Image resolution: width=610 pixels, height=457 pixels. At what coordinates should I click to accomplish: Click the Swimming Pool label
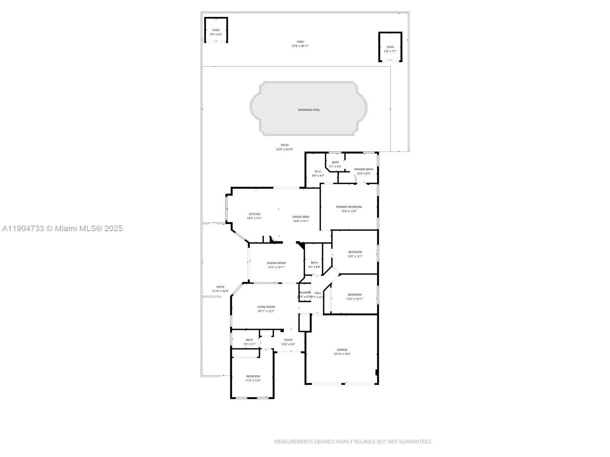(x=309, y=110)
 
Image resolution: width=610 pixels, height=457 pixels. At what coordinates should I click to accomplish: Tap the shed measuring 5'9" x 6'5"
(x=216, y=32)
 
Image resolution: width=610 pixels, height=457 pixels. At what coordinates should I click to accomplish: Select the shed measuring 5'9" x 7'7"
(x=390, y=49)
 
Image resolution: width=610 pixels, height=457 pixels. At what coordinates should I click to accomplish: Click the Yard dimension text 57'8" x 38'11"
(x=300, y=46)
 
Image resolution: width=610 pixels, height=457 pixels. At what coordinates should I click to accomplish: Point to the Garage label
(x=342, y=350)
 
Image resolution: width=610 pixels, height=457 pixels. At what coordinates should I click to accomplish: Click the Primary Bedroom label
(x=349, y=207)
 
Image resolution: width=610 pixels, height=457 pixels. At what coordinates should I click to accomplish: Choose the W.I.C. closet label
(x=318, y=171)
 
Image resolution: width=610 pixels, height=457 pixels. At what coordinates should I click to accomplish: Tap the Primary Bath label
(x=363, y=169)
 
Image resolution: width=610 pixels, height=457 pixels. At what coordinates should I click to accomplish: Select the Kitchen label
(x=255, y=214)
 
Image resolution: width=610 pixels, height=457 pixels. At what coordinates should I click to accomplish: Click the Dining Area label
(x=301, y=217)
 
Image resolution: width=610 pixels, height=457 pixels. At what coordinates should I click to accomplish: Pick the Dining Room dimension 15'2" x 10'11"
(x=276, y=267)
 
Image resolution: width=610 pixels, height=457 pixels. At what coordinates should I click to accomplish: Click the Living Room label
(x=266, y=307)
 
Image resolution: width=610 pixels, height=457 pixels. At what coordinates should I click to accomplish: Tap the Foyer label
(x=288, y=340)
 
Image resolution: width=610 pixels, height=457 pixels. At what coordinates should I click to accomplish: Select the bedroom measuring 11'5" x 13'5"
(x=253, y=378)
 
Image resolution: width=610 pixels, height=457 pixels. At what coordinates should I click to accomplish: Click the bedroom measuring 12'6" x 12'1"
(x=355, y=254)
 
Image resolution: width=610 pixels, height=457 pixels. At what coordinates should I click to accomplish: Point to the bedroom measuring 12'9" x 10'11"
(x=355, y=297)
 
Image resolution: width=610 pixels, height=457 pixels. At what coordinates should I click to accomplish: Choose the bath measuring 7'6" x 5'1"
(x=249, y=342)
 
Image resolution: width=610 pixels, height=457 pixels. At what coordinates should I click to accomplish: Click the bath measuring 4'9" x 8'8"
(x=314, y=265)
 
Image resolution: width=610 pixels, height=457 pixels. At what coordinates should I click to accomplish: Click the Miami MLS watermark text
(x=62, y=228)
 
